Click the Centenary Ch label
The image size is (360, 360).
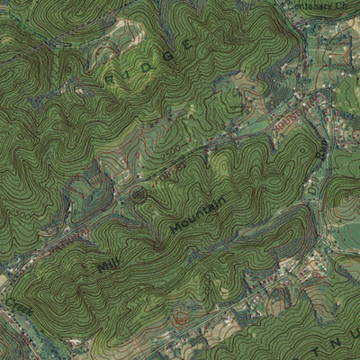[316, 5]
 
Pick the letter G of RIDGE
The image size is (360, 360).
[187, 42]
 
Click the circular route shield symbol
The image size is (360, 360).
[139, 193]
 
